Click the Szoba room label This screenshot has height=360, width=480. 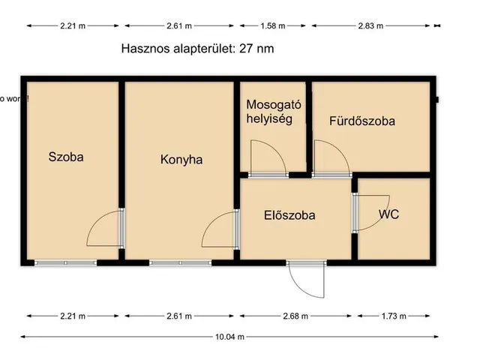click(x=66, y=157)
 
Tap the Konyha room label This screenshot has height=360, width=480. click(x=181, y=160)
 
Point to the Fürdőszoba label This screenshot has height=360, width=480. click(x=362, y=120)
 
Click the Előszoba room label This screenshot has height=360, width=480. click(x=289, y=215)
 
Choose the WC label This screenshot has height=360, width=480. click(x=388, y=214)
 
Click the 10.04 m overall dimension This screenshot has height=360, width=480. click(x=230, y=337)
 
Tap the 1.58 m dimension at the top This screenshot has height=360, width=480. click(x=273, y=26)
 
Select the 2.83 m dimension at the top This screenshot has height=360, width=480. click(x=369, y=26)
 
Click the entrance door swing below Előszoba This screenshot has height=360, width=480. click(x=307, y=281)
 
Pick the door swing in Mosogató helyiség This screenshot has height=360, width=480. click(x=268, y=157)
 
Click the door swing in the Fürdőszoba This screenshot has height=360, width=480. click(x=331, y=157)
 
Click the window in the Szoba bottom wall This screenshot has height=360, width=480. click(x=66, y=262)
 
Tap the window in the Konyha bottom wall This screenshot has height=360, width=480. click(x=180, y=262)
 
